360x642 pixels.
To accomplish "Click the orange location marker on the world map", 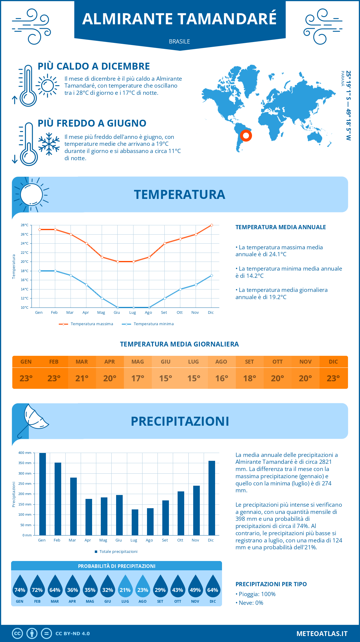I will (246, 136).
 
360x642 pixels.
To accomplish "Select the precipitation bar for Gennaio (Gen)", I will (43, 494).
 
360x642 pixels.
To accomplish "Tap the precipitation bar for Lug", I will (135, 522).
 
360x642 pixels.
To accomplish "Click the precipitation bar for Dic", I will (212, 498).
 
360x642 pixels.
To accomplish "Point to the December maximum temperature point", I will (211, 225).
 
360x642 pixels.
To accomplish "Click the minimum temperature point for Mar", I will (71, 275).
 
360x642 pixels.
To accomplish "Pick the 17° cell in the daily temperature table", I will (138, 378).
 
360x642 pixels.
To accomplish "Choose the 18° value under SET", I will (250, 378).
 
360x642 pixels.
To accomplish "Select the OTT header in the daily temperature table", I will (277, 362).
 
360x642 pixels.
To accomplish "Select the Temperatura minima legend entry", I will (148, 324).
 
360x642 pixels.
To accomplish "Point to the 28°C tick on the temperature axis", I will (25, 225).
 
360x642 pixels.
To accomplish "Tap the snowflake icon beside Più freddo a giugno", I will (49, 144).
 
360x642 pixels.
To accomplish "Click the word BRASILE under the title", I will (179, 41).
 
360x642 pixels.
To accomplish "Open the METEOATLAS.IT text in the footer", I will (322, 634).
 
